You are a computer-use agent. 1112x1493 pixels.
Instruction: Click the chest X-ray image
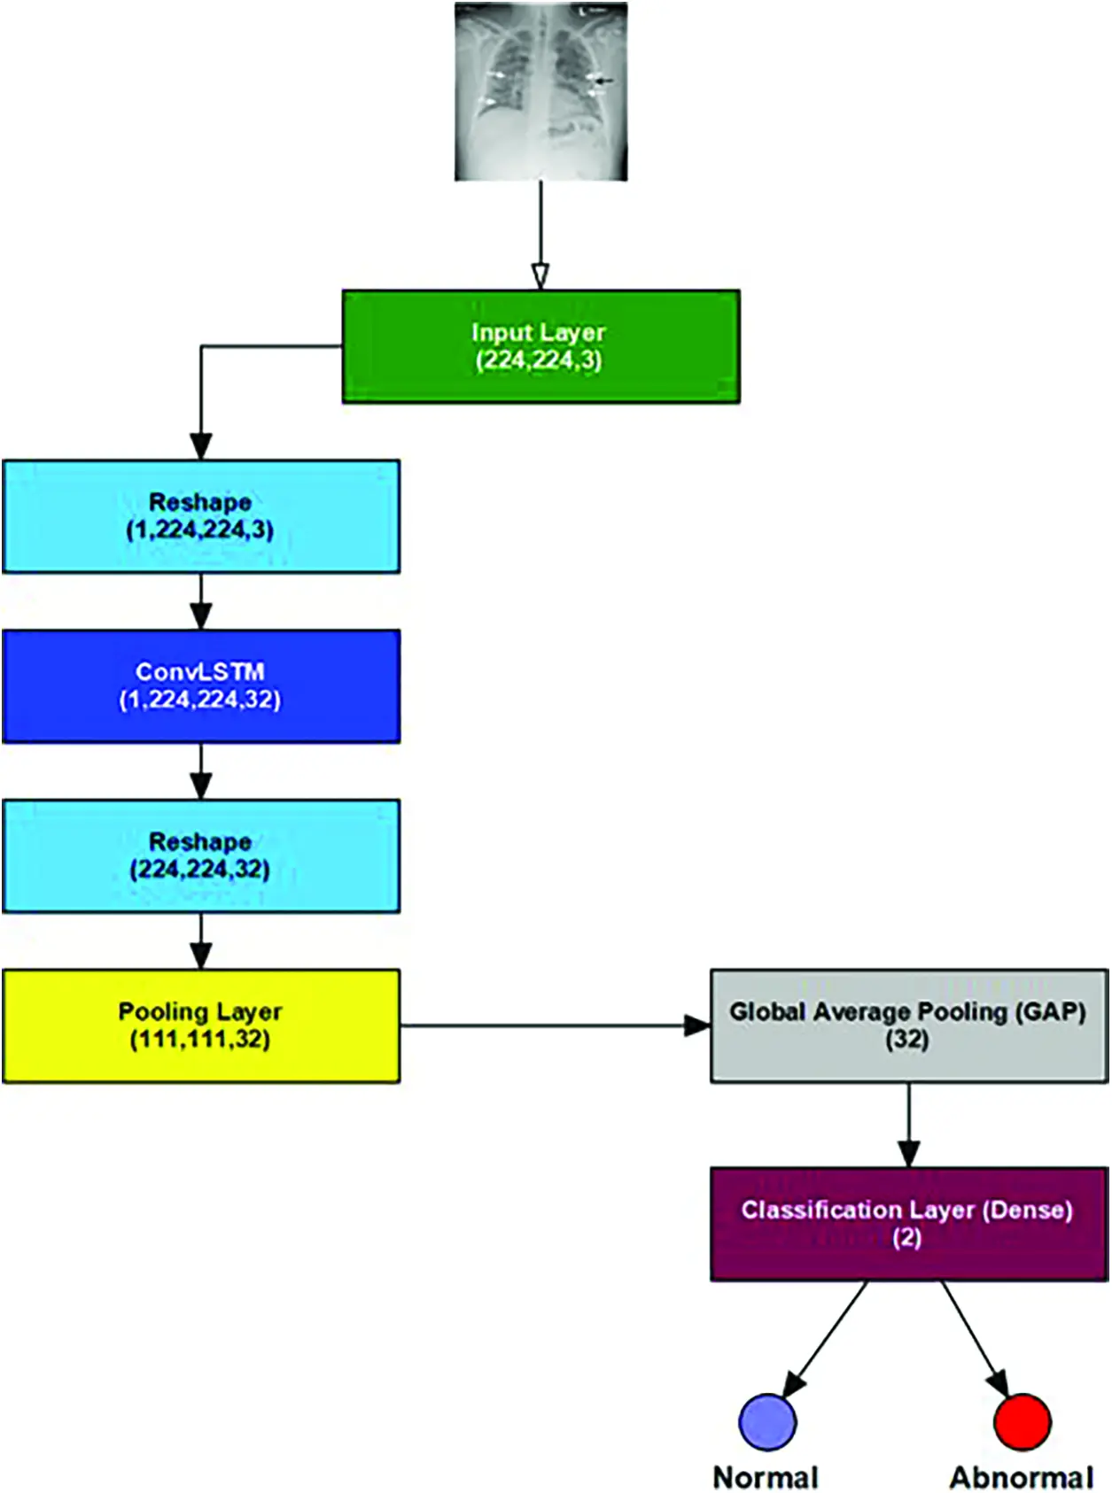(x=540, y=91)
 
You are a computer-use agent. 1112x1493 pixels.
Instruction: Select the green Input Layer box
(x=540, y=346)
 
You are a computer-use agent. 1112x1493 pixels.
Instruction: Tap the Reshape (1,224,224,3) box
(x=201, y=516)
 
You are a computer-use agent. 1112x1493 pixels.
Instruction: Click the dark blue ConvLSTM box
(x=201, y=686)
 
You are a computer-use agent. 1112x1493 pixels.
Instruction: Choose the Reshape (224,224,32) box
(x=201, y=855)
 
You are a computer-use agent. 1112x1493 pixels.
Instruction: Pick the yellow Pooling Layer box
(x=201, y=1025)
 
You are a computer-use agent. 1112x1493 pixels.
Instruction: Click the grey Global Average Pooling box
(x=909, y=1025)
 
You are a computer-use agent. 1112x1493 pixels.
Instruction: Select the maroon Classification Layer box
(x=909, y=1224)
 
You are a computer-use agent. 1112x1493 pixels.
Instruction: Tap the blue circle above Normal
(x=767, y=1421)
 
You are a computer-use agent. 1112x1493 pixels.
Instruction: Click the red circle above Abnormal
(x=1022, y=1421)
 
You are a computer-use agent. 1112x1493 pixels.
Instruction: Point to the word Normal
(x=766, y=1477)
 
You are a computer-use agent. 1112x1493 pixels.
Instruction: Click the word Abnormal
(x=1022, y=1477)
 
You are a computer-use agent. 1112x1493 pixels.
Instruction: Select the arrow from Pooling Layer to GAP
(x=555, y=1025)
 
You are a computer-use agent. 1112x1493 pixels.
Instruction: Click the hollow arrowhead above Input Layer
(x=540, y=276)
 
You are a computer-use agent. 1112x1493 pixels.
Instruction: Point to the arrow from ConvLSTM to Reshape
(x=201, y=771)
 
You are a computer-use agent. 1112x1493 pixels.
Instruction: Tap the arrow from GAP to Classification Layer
(x=909, y=1125)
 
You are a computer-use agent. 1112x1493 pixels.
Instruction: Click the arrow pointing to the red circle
(x=975, y=1338)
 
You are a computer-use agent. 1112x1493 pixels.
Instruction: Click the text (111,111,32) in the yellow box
(x=200, y=1040)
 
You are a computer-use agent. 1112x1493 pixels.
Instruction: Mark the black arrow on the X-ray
(x=605, y=80)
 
